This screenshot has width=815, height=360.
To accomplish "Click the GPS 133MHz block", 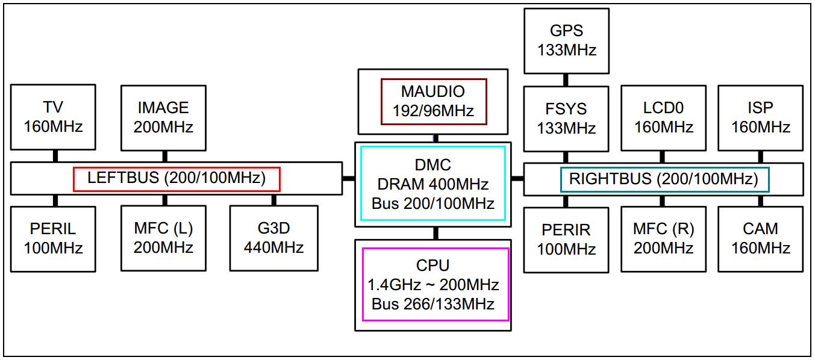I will [566, 41].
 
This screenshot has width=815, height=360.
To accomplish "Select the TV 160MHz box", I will [53, 117].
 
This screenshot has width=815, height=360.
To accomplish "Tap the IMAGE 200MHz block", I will [163, 117].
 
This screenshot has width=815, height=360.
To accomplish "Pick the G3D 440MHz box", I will [273, 238].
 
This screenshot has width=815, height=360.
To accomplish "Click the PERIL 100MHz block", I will [53, 238].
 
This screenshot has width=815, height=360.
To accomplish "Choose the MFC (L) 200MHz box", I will [163, 238].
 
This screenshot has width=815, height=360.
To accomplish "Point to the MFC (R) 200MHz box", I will [663, 239].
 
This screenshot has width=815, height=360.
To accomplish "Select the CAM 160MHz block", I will [760, 239].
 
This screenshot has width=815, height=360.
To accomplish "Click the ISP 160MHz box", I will [760, 118].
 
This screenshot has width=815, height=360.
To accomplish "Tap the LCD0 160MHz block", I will [663, 118].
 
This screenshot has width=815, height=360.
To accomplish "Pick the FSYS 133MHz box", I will [566, 119].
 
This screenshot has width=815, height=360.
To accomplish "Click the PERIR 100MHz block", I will [566, 239].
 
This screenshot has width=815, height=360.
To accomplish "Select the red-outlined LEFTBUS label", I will [176, 179].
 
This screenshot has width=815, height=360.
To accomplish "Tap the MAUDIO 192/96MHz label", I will [433, 101].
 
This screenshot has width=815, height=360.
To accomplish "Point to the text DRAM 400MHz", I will [433, 184].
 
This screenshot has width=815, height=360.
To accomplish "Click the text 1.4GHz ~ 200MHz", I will [433, 284].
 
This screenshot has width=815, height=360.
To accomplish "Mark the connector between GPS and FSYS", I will [566, 79].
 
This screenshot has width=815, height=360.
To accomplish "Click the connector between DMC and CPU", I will [435, 233].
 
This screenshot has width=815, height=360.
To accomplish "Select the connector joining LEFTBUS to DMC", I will [349, 178].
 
